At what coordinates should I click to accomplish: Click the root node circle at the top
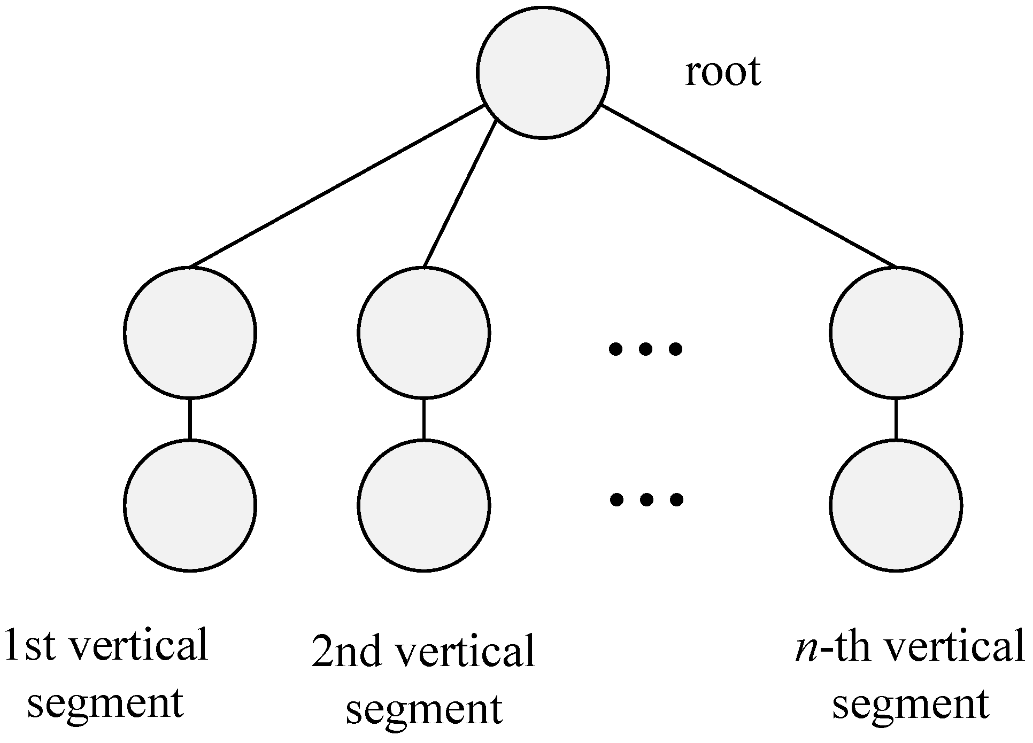[x=543, y=73]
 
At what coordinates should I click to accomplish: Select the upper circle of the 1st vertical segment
[x=190, y=332]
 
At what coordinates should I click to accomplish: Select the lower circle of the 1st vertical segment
[x=190, y=505]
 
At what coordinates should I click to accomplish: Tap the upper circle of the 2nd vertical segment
[x=424, y=332]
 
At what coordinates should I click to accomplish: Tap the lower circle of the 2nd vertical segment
[x=424, y=505]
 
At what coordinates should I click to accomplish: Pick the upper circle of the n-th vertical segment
[x=896, y=332]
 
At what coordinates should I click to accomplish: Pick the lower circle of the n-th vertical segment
[x=896, y=505]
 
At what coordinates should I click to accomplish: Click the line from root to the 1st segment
[x=337, y=186]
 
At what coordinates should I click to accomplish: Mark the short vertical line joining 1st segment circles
[x=190, y=419]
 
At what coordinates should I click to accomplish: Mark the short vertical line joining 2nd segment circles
[x=424, y=419]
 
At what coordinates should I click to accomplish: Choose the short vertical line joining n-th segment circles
[x=896, y=419]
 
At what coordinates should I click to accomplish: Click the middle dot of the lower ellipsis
[x=646, y=500]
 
